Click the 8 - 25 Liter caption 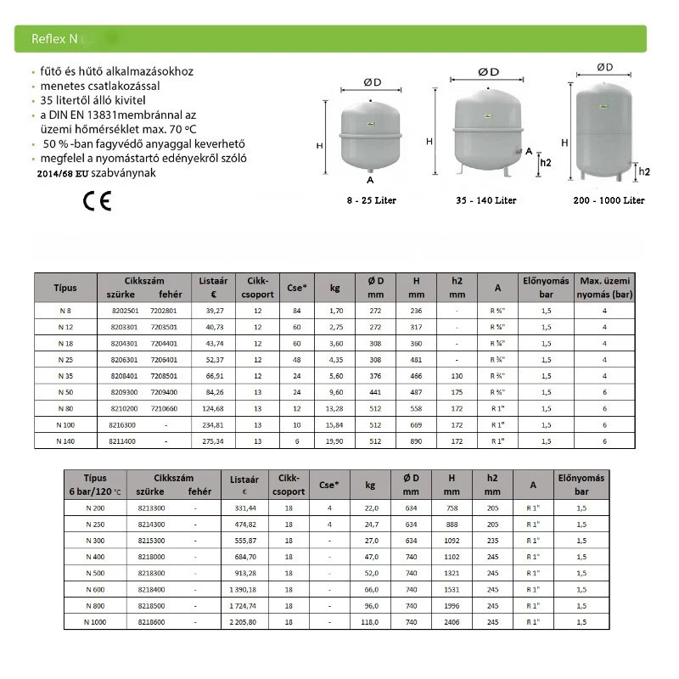(371, 200)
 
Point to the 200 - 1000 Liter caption (609, 200)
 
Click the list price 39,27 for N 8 (213, 311)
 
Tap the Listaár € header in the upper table (213, 287)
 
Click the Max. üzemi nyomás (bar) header (605, 287)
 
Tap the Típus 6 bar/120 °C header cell (95, 484)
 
